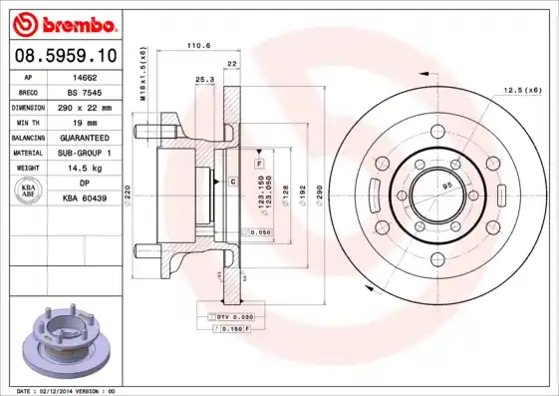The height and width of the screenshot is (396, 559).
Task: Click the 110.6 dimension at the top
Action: pos(200,45)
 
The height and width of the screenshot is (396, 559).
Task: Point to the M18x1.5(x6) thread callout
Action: pos(142,75)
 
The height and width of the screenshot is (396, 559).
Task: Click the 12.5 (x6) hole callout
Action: pos(522,90)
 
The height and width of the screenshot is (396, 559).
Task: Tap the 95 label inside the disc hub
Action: pos(446,187)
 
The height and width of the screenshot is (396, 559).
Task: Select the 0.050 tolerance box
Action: pos(258,231)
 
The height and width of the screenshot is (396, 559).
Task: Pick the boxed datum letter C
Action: pos(232,181)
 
